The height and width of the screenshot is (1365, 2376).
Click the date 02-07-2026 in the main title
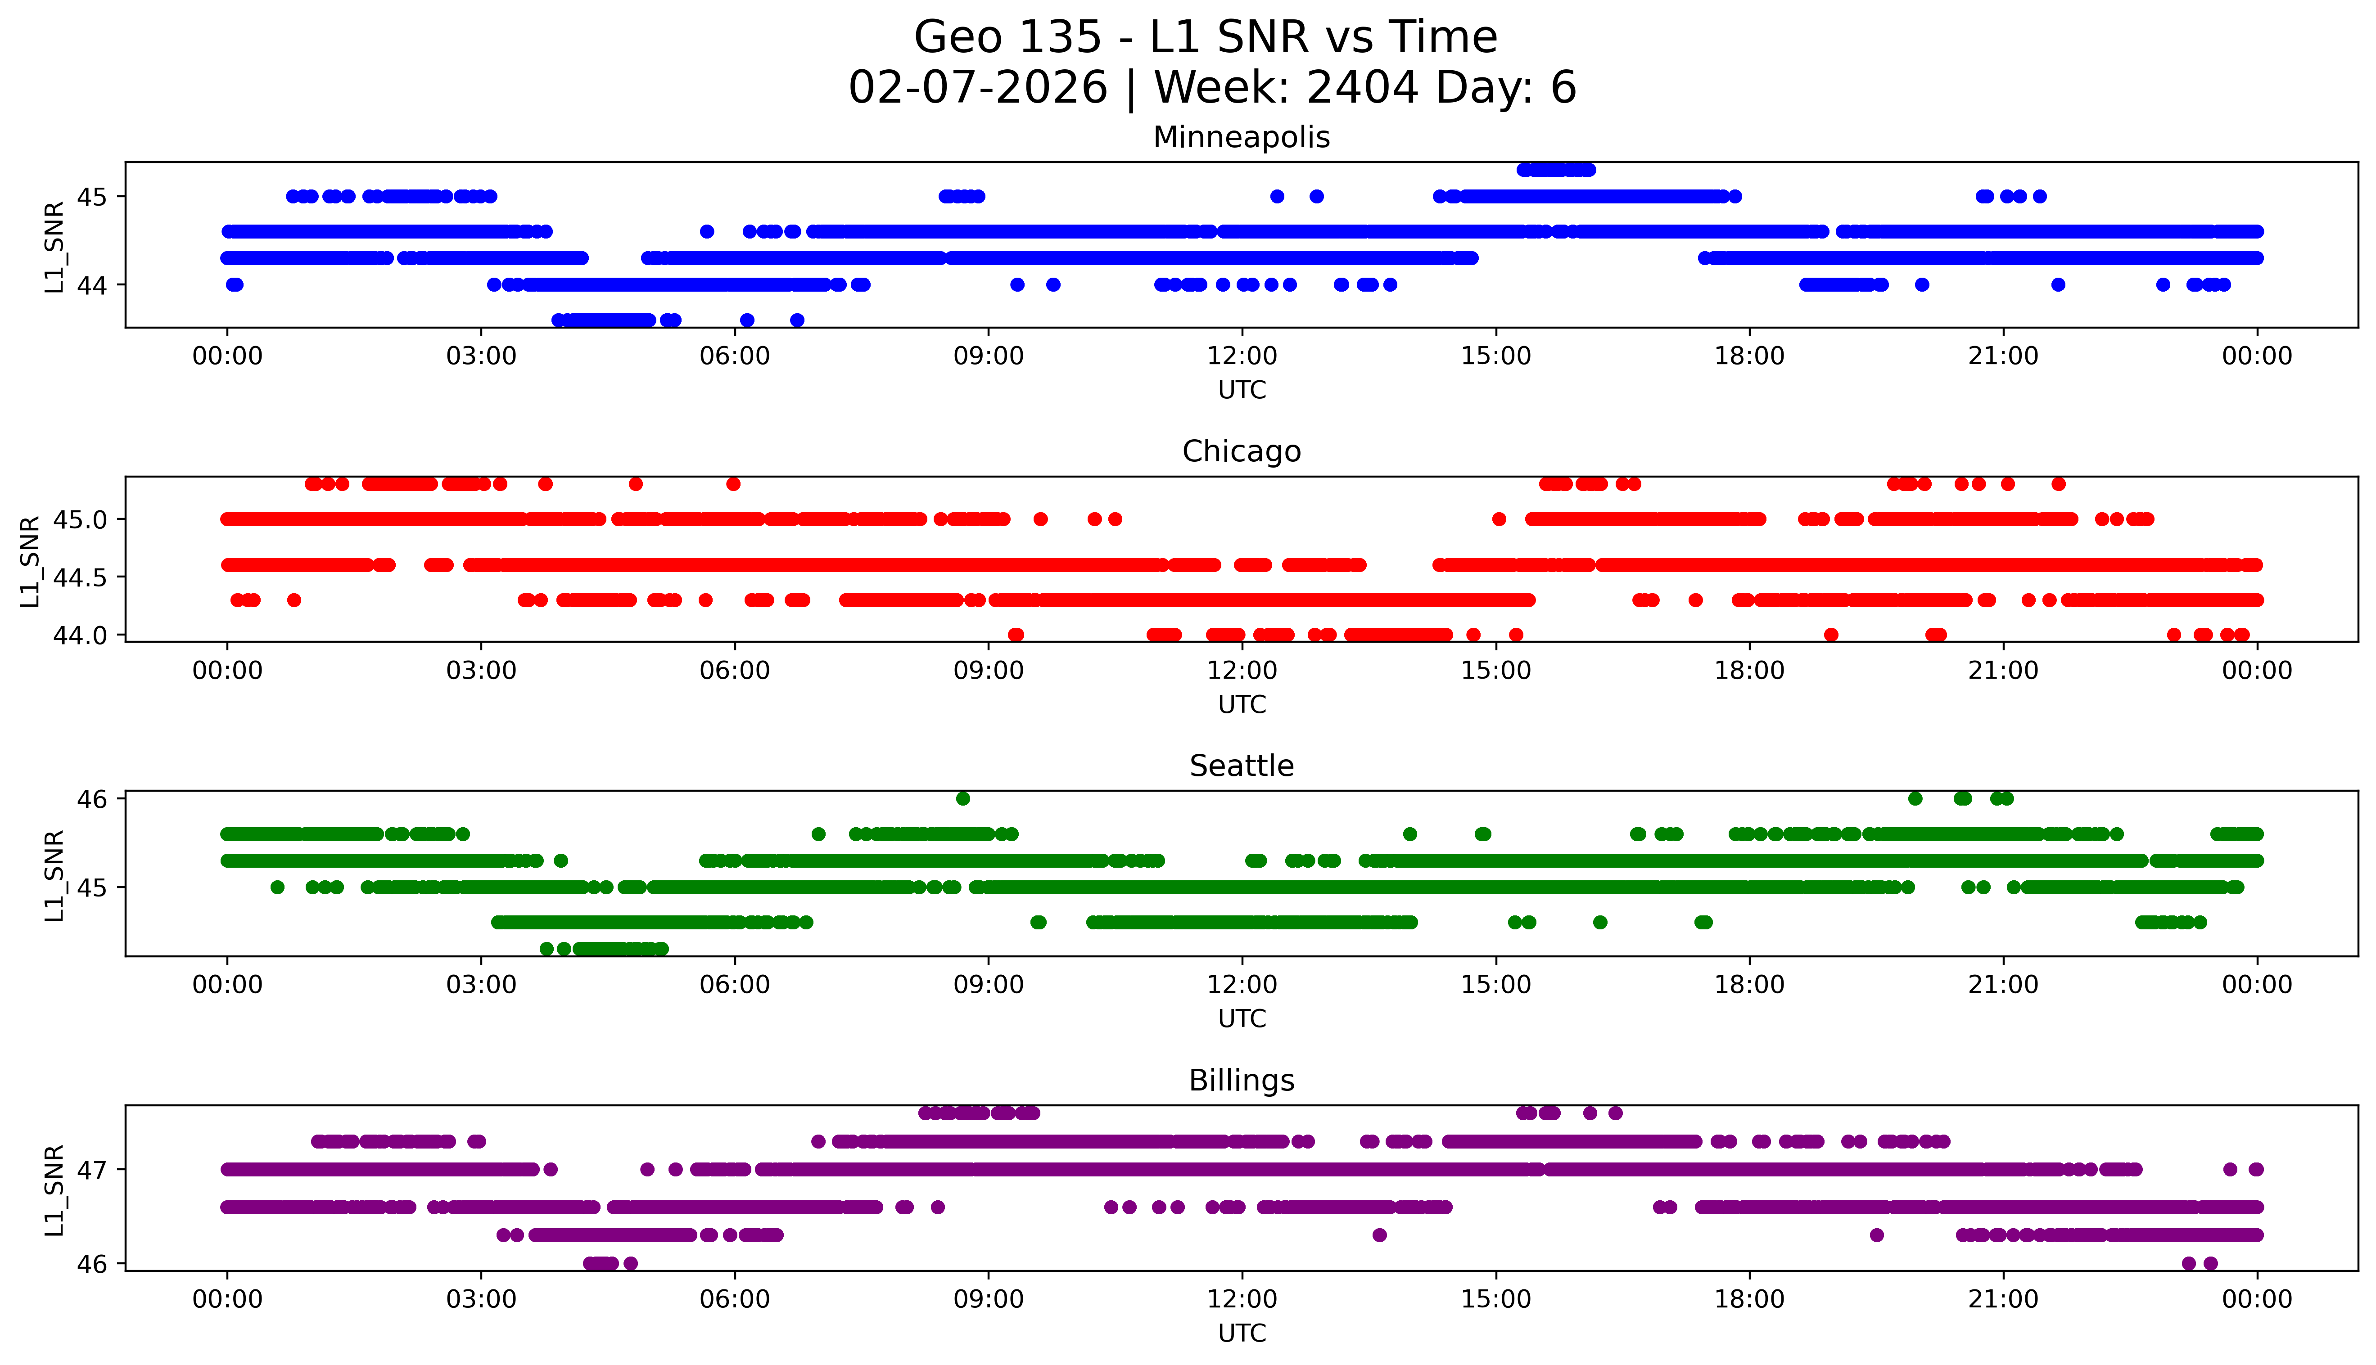[x=977, y=88]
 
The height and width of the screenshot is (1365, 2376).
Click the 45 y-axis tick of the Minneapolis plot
[x=92, y=197]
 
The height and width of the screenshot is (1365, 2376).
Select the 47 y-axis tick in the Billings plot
[x=92, y=1170]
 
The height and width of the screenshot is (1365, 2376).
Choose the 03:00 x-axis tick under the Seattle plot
[x=481, y=985]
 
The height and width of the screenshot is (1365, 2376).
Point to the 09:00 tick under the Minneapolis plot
[x=988, y=356]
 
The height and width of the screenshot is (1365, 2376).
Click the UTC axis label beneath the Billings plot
[x=1242, y=1333]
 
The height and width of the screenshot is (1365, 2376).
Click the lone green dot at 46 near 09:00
[x=963, y=799]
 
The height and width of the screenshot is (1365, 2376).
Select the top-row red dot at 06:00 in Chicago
[x=733, y=484]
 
